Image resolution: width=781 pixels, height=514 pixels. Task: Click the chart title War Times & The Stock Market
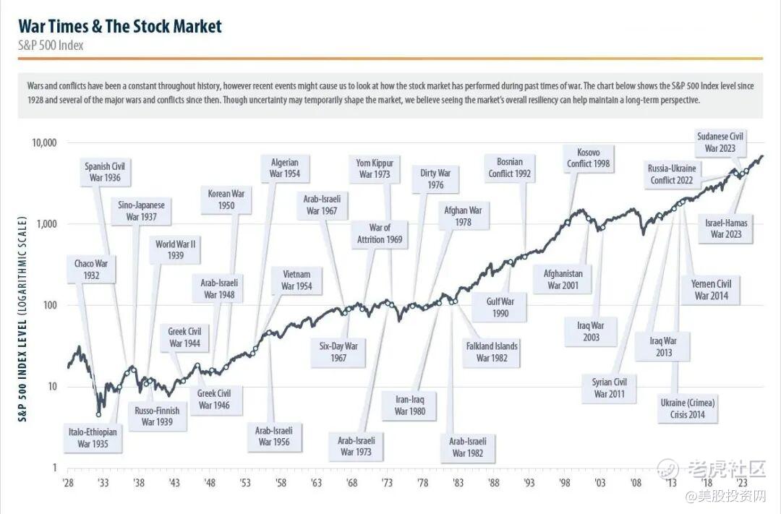120,27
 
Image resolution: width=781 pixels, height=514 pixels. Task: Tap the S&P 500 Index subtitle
51,46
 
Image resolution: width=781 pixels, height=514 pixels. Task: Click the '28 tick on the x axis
68,483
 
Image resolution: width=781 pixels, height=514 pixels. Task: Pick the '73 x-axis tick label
388,483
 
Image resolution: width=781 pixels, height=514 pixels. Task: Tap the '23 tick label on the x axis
742,483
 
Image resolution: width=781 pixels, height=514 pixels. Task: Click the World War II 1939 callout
175,249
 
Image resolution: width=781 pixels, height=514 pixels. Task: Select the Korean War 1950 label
226,200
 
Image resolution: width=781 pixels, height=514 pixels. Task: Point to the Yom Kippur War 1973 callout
375,168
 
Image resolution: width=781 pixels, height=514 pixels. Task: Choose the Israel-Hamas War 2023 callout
726,228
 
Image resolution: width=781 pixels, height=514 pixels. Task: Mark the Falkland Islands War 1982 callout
492,351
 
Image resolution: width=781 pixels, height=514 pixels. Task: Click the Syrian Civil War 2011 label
610,387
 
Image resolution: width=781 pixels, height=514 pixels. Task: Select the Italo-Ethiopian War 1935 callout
93,437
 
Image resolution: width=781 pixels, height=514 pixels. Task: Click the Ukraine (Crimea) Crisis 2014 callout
682,408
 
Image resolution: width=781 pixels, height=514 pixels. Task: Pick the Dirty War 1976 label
435,179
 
